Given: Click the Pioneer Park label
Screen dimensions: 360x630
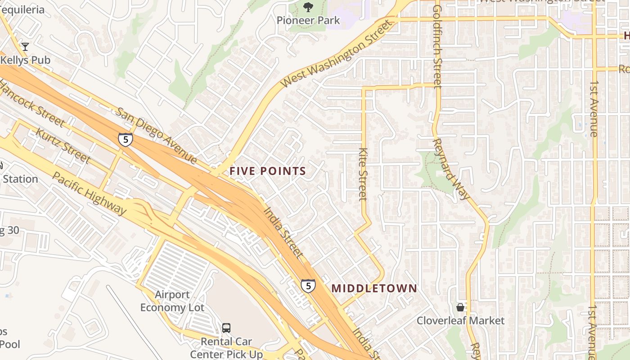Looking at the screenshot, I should point(308,20).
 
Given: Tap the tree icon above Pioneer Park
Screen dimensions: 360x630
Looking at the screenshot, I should point(308,7).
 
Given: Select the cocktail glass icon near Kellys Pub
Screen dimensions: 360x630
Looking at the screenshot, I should point(25,46).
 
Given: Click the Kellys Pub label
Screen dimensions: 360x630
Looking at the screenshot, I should point(26,60).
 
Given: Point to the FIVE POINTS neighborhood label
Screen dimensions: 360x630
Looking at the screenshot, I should point(268,171).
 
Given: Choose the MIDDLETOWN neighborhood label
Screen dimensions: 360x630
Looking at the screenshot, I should point(374,288).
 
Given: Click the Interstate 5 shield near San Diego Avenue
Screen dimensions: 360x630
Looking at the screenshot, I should point(126,139).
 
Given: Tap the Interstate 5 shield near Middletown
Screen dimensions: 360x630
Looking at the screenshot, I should point(308,285).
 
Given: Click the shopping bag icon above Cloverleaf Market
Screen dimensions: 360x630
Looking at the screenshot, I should point(460,307).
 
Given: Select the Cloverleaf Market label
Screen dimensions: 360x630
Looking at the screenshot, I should point(460,321).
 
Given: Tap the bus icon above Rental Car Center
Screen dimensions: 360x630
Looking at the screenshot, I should point(226,328).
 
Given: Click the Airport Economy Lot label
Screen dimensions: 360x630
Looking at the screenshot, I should point(172,301).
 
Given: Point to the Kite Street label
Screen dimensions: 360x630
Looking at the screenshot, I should point(363,174).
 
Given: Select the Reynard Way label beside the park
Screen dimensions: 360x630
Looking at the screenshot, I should point(451,169).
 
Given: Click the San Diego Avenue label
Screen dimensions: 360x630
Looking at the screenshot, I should point(156,135).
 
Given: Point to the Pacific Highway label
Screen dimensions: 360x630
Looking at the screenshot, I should point(90,193).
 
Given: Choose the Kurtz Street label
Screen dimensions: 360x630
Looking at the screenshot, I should point(63,146).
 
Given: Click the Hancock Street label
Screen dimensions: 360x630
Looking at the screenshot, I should point(31,103).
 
